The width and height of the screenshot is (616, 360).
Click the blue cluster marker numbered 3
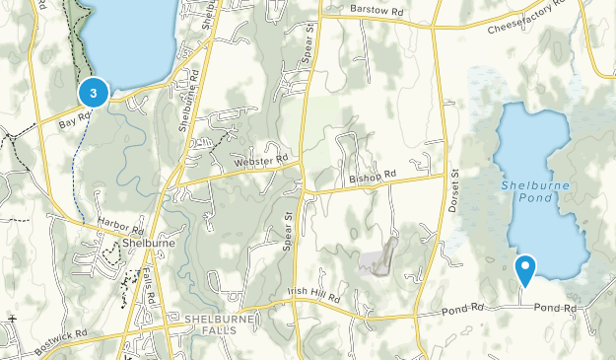(93, 94)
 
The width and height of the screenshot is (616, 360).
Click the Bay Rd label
(75, 120)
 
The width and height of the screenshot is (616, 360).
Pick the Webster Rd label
(260, 161)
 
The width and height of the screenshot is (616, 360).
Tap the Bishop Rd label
(372, 176)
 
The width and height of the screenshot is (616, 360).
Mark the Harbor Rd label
(122, 226)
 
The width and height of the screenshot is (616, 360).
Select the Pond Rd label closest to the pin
(555, 309)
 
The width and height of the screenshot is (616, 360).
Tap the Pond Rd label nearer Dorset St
(462, 308)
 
